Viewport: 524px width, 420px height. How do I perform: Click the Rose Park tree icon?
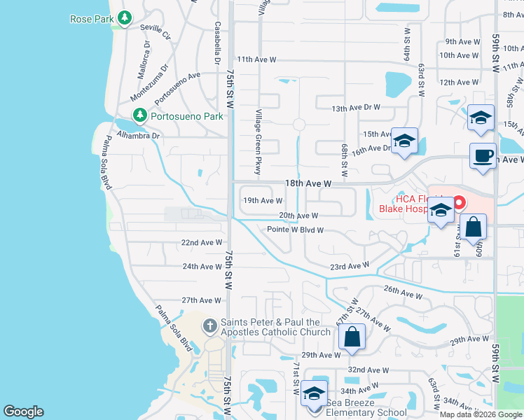coord(125,18)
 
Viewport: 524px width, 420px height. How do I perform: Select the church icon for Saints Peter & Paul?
coord(209,325)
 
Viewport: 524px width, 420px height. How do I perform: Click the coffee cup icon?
coord(483,155)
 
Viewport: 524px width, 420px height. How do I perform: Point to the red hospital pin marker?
coord(460,204)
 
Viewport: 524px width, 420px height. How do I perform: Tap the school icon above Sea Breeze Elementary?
coord(315,395)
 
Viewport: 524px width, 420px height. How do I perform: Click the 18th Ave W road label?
coord(308,183)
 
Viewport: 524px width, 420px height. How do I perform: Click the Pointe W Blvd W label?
coord(295,230)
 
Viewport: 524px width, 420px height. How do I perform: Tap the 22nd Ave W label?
coord(202,243)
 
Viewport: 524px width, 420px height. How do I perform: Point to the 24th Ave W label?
coord(202,267)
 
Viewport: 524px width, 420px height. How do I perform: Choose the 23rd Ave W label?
coord(349,266)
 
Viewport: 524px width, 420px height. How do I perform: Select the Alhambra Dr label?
coord(138,135)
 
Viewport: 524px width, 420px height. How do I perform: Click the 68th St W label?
coord(345,161)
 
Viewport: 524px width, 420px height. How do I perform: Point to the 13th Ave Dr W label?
coord(355,108)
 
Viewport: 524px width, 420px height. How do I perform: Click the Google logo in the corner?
coord(23,412)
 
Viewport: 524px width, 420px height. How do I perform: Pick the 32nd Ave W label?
coord(368,370)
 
